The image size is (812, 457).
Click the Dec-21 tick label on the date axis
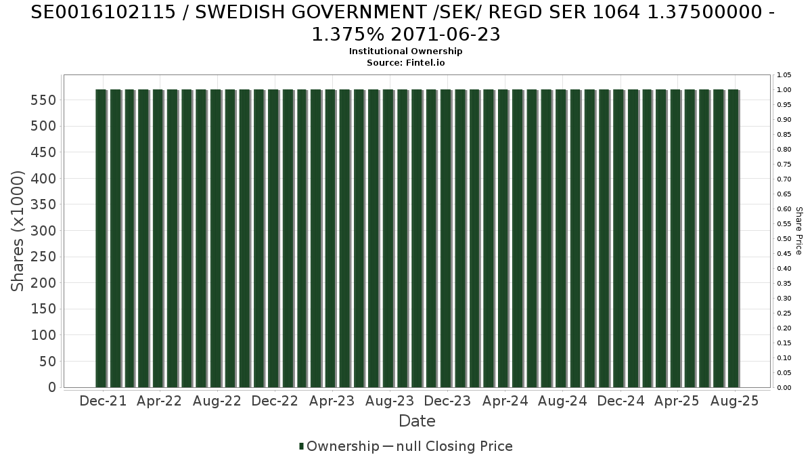103,401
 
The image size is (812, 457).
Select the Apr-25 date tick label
677,401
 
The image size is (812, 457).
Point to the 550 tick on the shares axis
43,100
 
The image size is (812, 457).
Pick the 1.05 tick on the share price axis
784,74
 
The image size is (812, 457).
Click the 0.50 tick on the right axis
784,238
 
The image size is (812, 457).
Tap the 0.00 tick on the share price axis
784,387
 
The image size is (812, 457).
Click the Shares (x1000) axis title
18,232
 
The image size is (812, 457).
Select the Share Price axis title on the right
798,231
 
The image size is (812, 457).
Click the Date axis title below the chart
417,421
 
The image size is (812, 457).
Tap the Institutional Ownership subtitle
406,51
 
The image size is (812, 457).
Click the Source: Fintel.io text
406,62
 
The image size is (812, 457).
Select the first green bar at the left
101,238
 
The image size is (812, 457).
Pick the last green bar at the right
733,238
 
